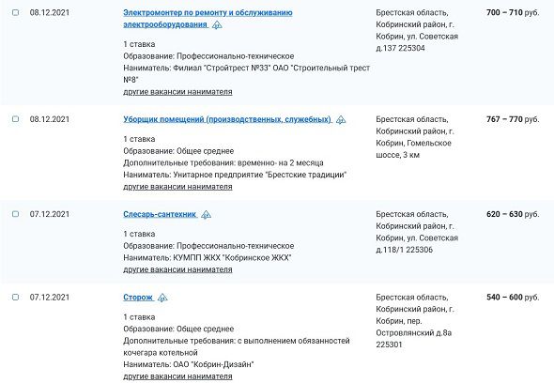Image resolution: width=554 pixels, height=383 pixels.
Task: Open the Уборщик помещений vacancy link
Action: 226,119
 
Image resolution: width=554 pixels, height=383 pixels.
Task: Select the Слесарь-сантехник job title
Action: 160,214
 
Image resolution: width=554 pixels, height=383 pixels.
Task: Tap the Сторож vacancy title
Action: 137,297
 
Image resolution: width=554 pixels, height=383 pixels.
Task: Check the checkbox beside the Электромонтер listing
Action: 15,13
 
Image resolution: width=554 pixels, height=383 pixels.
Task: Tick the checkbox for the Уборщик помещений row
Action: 15,119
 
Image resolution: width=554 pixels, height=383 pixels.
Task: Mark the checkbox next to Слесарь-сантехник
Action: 15,214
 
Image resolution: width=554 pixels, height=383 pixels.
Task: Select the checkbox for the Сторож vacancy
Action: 15,297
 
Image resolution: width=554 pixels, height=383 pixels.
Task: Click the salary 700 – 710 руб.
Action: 513,14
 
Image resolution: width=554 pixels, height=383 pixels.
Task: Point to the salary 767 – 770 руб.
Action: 513,119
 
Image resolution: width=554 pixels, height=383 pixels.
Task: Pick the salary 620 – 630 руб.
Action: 513,214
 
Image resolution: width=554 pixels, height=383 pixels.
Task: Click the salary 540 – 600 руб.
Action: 513,297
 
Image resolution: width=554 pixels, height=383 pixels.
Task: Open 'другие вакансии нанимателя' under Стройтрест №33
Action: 177,92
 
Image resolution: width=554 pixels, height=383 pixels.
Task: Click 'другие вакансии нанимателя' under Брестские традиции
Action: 177,187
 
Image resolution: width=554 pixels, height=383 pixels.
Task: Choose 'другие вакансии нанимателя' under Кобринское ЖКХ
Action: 177,269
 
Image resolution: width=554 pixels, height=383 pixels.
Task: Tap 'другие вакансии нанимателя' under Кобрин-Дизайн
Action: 177,376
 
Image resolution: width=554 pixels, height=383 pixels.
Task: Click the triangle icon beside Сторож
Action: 162,298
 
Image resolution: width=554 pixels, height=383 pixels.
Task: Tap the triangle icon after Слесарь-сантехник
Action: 206,215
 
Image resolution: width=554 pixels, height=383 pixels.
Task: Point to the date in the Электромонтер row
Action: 49,14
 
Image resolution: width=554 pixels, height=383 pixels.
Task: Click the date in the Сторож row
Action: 49,297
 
